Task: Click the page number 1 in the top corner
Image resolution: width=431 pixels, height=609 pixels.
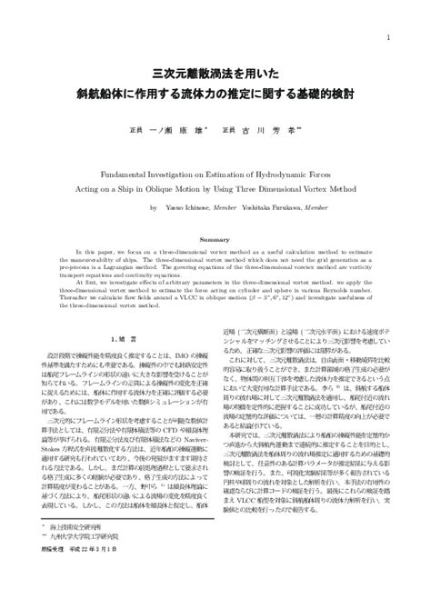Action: pyautogui.click(x=388, y=37)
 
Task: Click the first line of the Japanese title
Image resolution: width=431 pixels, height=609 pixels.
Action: pyautogui.click(x=215, y=73)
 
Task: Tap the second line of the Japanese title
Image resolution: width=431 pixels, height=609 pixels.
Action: pyautogui.click(x=215, y=94)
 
